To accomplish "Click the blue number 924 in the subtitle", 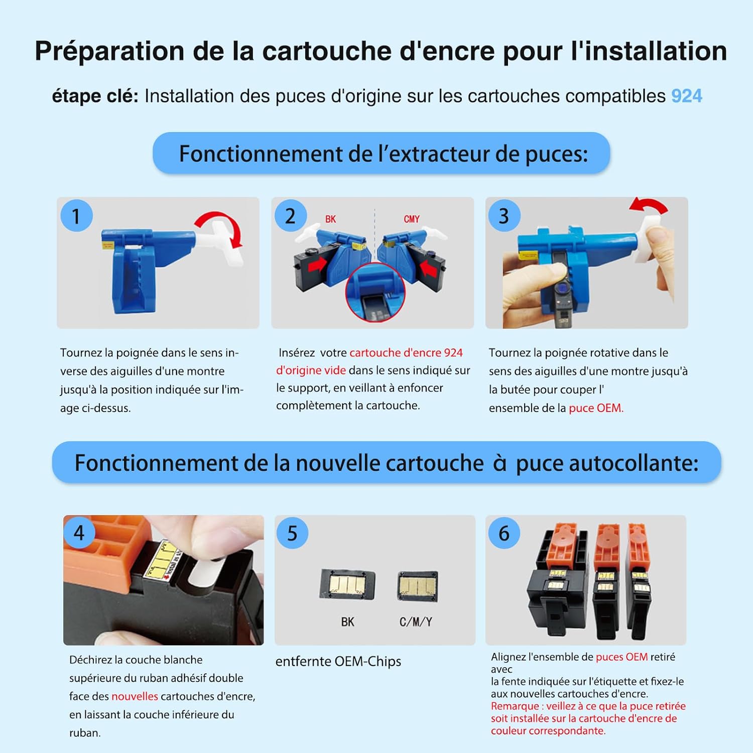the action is tap(687, 96).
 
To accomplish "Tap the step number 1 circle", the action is tap(76, 216).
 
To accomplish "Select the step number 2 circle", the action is tap(291, 216).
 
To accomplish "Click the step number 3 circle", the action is tap(504, 216).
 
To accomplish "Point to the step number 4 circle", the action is tap(79, 533).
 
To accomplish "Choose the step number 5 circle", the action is tap(292, 533).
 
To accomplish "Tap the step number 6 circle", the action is tap(504, 533).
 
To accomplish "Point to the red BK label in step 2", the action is tap(330, 219).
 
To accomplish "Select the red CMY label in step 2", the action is tap(412, 219).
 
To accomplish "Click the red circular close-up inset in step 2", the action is tap(375, 293).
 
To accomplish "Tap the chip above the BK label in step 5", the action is tap(348, 584).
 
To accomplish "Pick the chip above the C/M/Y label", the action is tap(418, 586).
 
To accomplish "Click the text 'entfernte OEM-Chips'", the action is tap(338, 662).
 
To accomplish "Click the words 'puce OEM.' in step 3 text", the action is tap(596, 408).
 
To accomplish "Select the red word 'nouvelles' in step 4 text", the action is tap(135, 696).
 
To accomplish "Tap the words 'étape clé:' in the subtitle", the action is tap(95, 96).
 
